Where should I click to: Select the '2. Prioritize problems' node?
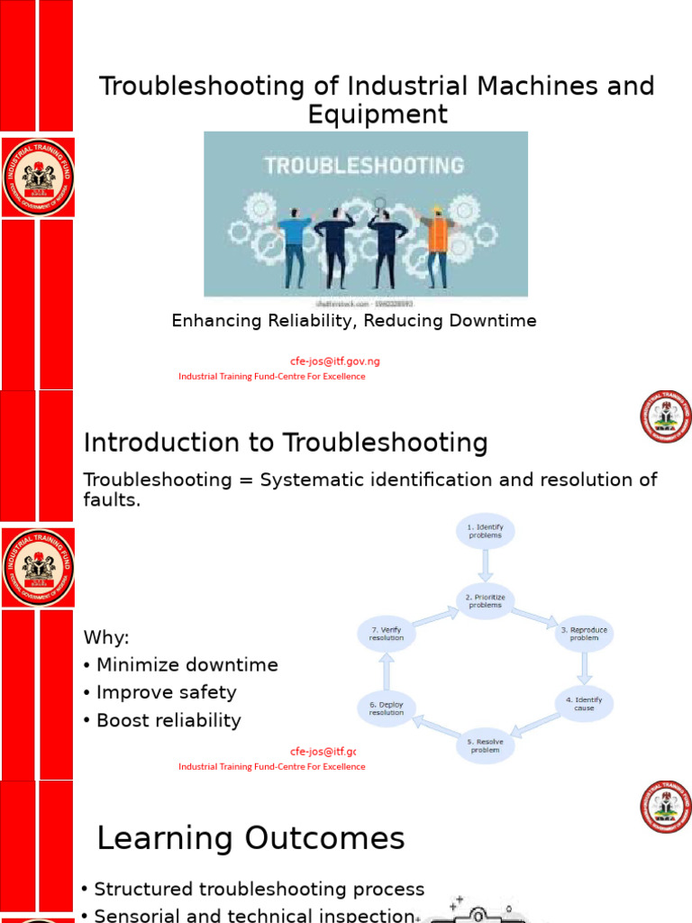pyautogui.click(x=485, y=601)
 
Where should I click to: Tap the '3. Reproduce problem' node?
pyautogui.click(x=584, y=634)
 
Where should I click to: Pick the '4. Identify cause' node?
pyautogui.click(x=583, y=704)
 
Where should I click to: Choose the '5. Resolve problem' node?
pyautogui.click(x=485, y=745)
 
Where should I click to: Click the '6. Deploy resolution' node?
pyautogui.click(x=387, y=708)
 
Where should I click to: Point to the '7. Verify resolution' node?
pyautogui.click(x=387, y=634)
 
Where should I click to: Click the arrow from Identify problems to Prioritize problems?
pyautogui.click(x=487, y=565)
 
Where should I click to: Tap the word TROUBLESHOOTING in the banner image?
pyautogui.click(x=363, y=165)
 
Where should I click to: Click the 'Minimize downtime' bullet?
pyautogui.click(x=187, y=665)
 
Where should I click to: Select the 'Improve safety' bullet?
pyautogui.click(x=166, y=692)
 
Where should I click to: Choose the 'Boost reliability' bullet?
pyautogui.click(x=168, y=720)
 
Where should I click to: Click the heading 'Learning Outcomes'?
pyautogui.click(x=250, y=839)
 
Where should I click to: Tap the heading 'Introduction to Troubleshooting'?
pyautogui.click(x=286, y=443)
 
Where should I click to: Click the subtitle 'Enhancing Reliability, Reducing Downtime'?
pyautogui.click(x=354, y=321)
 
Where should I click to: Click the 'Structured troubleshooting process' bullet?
pyautogui.click(x=259, y=890)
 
